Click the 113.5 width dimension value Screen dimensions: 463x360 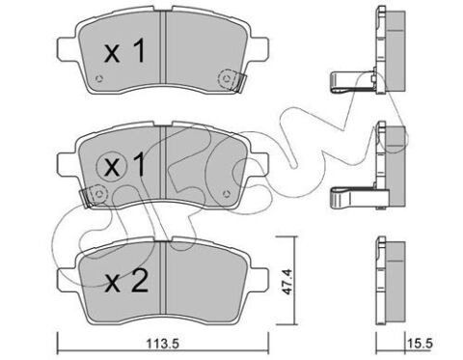[x=162, y=345]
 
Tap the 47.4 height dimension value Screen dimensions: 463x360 [x=288, y=282]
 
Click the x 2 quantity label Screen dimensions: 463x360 [x=126, y=281]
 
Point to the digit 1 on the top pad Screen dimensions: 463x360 [x=140, y=51]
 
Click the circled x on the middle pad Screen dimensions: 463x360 [x=112, y=167]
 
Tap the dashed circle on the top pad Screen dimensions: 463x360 [x=227, y=79]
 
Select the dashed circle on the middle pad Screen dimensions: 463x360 [x=98, y=194]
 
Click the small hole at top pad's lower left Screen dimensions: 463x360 [x=99, y=78]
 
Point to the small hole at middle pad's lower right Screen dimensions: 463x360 [x=227, y=194]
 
